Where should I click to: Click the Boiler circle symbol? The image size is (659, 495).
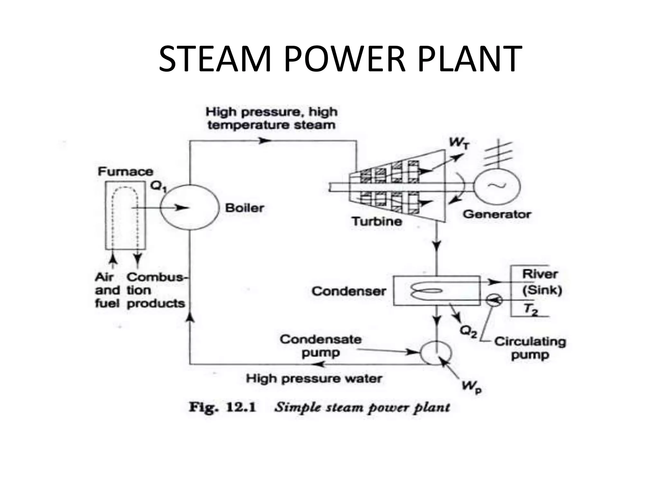pos(189,208)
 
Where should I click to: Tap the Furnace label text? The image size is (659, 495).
pos(125,171)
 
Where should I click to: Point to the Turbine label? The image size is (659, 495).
pos(377,221)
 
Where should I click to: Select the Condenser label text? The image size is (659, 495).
pos(348,291)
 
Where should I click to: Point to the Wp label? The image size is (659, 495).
pos(471,387)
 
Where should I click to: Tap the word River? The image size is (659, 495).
pos(540,274)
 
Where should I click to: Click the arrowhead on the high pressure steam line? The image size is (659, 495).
pos(265,141)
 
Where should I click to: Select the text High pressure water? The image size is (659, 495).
pos(314,378)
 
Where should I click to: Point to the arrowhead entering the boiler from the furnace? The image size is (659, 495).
pos(183,208)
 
